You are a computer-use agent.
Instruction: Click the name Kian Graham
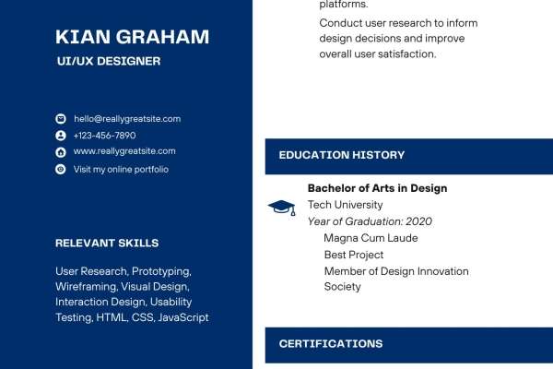pyautogui.click(x=132, y=37)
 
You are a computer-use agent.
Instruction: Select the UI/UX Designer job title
pyautogui.click(x=109, y=61)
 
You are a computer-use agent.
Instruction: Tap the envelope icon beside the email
pyautogui.click(x=61, y=119)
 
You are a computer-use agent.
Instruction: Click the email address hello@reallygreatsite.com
pyautogui.click(x=127, y=119)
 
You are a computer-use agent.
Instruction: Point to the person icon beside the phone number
pyautogui.click(x=61, y=136)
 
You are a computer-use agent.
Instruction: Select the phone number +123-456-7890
pyautogui.click(x=104, y=136)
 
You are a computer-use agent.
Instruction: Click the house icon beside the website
pyautogui.click(x=61, y=152)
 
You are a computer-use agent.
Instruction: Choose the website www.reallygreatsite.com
pyautogui.click(x=124, y=151)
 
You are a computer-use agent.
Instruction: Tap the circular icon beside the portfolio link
pyautogui.click(x=61, y=169)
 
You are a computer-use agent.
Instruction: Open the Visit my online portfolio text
pyautogui.click(x=121, y=170)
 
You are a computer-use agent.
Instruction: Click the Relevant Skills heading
pyautogui.click(x=107, y=243)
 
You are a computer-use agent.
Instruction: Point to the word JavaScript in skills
pyautogui.click(x=183, y=317)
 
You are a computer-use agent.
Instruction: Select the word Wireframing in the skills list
pyautogui.click(x=86, y=287)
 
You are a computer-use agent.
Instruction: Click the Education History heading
pyautogui.click(x=342, y=155)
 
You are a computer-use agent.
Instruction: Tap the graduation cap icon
pyautogui.click(x=281, y=208)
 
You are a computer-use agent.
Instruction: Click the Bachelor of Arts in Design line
pyautogui.click(x=377, y=188)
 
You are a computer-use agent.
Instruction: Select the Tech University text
pyautogui.click(x=345, y=205)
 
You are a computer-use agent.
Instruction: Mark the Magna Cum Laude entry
pyautogui.click(x=371, y=238)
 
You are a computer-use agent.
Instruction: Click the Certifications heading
pyautogui.click(x=331, y=344)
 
